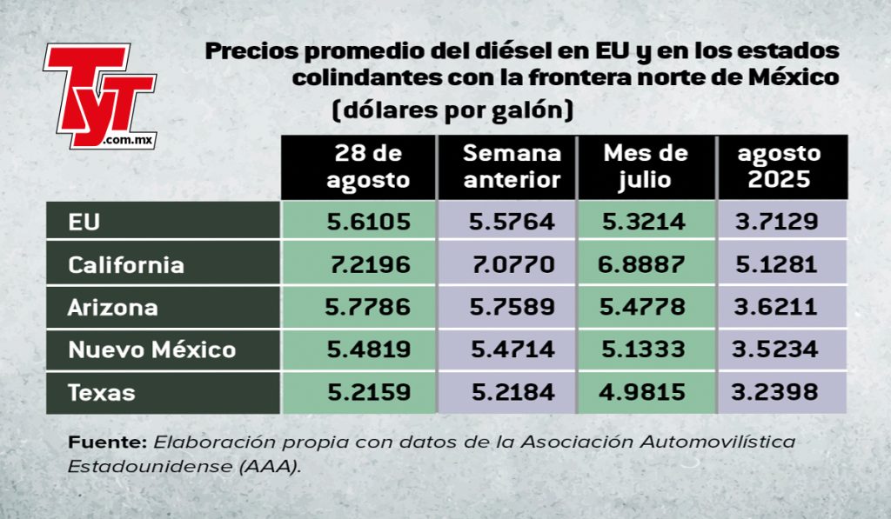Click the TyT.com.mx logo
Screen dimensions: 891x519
point(100,96)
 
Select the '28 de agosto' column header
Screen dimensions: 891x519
point(368,166)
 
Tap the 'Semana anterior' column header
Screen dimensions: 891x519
point(512,166)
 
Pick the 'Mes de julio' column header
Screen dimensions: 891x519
point(646,166)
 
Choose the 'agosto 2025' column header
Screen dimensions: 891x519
point(779,166)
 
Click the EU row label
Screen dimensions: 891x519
point(84,222)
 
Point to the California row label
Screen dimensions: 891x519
point(126,265)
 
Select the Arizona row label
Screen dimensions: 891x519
point(113,308)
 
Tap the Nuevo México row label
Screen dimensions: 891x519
point(151,349)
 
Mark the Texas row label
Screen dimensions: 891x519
point(102,392)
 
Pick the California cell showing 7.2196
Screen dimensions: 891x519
point(370,264)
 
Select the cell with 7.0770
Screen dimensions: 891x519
point(513,264)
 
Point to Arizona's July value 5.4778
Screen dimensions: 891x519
point(643,307)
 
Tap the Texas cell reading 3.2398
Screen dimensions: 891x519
point(774,392)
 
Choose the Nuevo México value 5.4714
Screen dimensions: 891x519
point(512,349)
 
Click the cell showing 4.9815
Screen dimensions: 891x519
point(642,392)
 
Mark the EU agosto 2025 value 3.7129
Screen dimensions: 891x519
point(777,221)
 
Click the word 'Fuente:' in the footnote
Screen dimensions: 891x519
point(107,442)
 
